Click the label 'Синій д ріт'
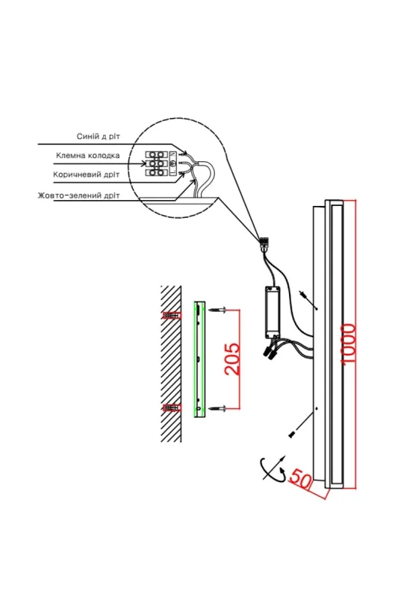coord(99,137)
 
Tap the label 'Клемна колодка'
coord(87,155)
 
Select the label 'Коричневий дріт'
coord(86,175)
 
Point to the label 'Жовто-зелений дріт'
coord(78,196)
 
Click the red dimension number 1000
coord(349,345)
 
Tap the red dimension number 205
coord(232,360)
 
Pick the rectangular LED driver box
coord(272,312)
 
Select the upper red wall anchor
coord(172,315)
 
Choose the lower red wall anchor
coord(172,408)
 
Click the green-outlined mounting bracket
coord(199,360)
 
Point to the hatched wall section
coord(171,363)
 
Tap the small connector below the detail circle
coord(264,243)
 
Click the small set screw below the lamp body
coord(292,434)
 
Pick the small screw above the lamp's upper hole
coord(304,294)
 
